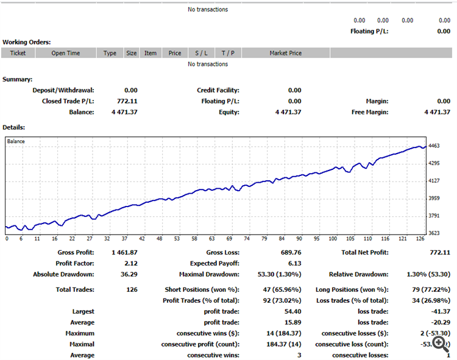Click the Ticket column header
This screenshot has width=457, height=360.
pos(18,53)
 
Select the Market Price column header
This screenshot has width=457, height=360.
pos(285,53)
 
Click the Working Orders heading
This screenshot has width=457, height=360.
pos(26,42)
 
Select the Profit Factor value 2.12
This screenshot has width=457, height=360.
pos(129,263)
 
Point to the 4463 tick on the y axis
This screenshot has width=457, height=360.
pos(435,146)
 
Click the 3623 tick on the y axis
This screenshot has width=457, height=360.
pos(435,233)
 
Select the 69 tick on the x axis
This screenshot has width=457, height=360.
pos(230,239)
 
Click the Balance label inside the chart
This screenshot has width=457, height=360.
pos(16,141)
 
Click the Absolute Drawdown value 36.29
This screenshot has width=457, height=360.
pos(127,274)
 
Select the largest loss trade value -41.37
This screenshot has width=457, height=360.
pos(440,311)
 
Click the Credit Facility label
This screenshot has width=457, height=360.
pos(218,90)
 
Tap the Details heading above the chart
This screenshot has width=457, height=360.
pos(14,127)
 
